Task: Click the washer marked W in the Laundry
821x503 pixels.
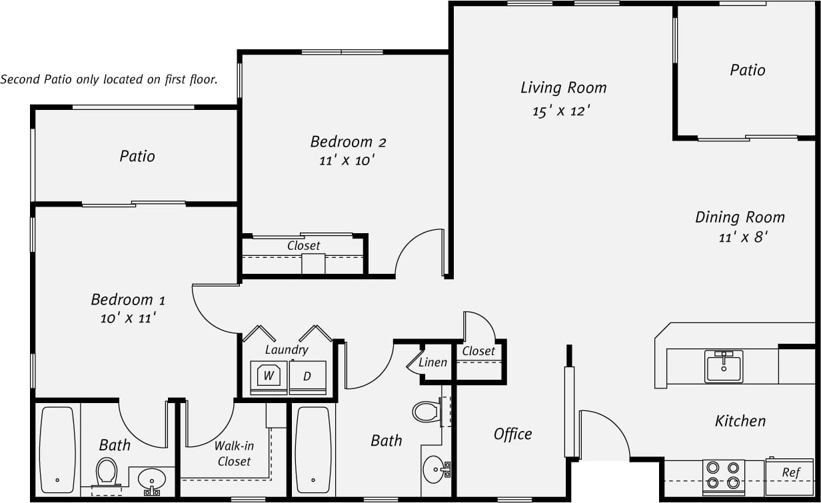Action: pos(269,376)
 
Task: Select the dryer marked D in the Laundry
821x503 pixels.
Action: pos(307,376)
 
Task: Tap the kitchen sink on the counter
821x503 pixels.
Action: pos(723,366)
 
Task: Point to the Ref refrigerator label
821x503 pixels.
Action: pos(790,472)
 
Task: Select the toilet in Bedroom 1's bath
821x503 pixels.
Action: pos(107,472)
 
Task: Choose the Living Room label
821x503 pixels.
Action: pos(563,88)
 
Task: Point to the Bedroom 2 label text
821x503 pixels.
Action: pos(348,142)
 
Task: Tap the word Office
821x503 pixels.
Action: pos(512,434)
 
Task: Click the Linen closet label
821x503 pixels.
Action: pos(432,363)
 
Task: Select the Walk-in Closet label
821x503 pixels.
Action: pos(233,454)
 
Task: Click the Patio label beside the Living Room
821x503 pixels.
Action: pos(747,71)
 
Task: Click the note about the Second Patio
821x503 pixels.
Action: pos(109,79)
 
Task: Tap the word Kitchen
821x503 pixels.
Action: pos(740,421)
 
